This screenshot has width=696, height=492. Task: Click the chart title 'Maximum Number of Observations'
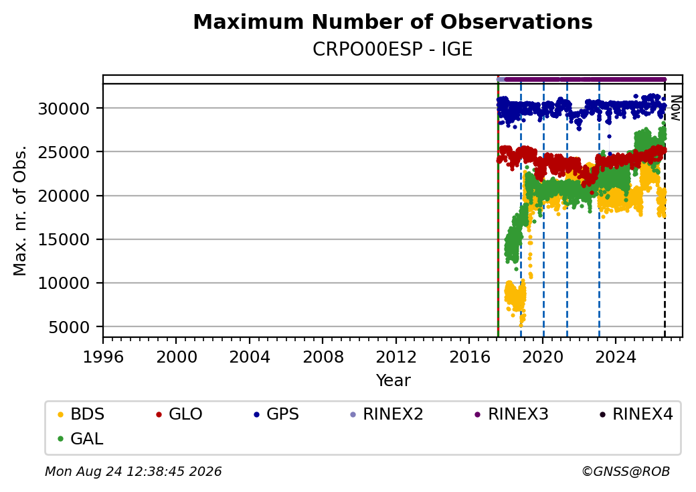pos(393,21)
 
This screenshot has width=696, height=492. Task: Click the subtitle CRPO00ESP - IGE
pos(392,49)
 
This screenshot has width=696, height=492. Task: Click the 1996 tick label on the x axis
pos(103,357)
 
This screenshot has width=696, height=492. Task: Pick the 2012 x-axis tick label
pos(396,357)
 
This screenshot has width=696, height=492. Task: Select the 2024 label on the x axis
pos(616,357)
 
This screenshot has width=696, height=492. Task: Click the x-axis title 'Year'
pos(393,381)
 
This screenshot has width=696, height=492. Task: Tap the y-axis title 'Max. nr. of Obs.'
pos(20,210)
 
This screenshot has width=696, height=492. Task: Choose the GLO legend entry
pos(179,414)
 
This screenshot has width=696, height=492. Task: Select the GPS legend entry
pos(277,414)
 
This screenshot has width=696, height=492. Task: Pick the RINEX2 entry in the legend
pos(387,414)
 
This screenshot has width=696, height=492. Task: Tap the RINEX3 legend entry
pos(511,414)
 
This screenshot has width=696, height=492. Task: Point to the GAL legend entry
pos(81,438)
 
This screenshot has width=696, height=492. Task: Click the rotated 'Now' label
pos(675,108)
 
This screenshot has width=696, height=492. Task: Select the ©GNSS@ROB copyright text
pos(626,471)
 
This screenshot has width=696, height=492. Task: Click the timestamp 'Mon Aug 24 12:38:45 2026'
pos(133,471)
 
